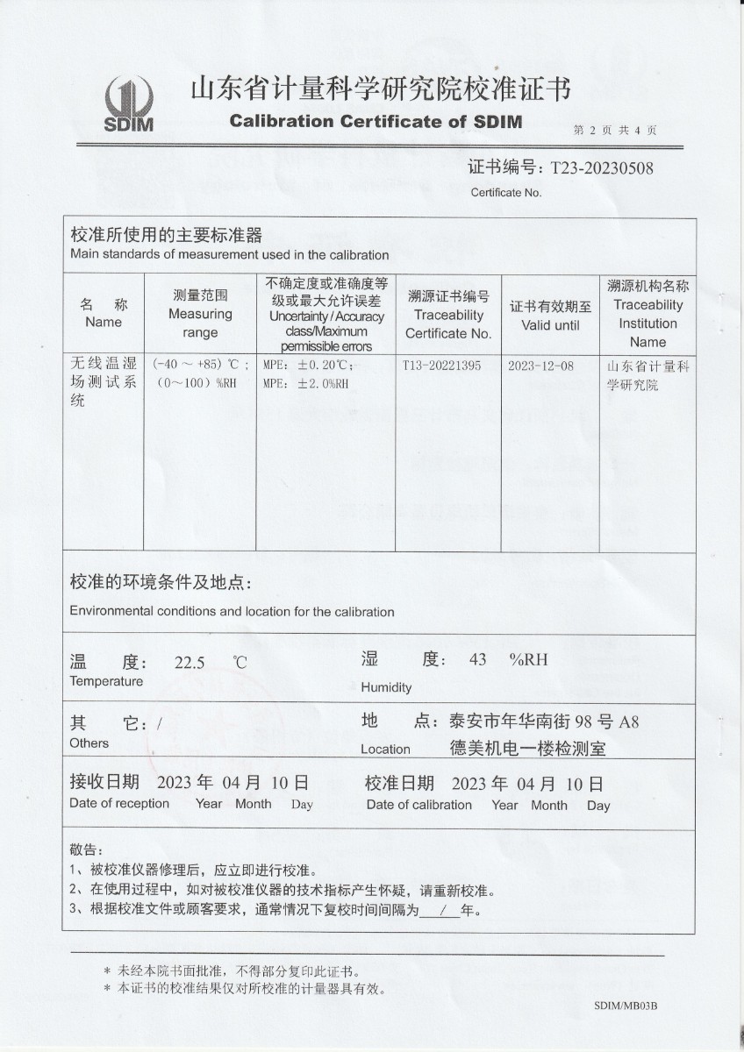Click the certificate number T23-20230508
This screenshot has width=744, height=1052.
pos(601,167)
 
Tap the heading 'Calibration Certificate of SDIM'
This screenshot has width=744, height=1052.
pos(376,121)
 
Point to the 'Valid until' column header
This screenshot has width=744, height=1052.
pos(550,324)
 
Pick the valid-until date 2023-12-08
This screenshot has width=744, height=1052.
pos(540,366)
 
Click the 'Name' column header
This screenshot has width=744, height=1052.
pos(104,322)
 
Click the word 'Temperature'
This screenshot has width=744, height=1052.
pos(106,681)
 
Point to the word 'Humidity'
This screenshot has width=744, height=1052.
pos(386,687)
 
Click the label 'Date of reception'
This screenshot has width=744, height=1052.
pos(119,803)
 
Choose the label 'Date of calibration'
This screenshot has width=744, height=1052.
pos(418,804)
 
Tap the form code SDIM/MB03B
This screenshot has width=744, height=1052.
pos(625,1006)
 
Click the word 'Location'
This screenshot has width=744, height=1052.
pos(385,749)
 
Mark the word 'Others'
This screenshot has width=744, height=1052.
pos(89,743)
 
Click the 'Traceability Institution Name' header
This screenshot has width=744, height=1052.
pos(647,323)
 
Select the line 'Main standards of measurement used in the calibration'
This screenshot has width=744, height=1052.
pos(229,255)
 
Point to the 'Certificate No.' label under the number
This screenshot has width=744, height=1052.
pos(506,192)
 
